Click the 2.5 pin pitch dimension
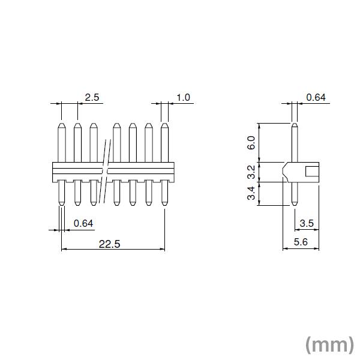(x=91, y=97)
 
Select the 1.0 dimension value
(x=183, y=97)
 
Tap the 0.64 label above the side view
(x=316, y=97)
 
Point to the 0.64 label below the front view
(x=83, y=223)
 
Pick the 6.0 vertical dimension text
(x=251, y=143)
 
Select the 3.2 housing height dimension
(x=251, y=172)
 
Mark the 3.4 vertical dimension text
(x=251, y=194)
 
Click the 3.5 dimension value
(x=307, y=223)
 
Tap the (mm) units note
(x=329, y=344)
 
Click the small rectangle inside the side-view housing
(x=312, y=172)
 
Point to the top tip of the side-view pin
(x=294, y=125)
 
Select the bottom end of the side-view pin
(x=294, y=205)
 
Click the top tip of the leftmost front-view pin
(x=61, y=125)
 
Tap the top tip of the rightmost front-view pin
(x=164, y=125)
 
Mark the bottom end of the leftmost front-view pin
(x=61, y=205)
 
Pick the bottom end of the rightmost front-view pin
(x=164, y=205)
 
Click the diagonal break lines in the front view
(x=107, y=172)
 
